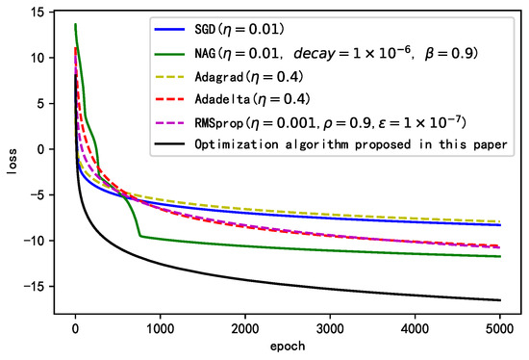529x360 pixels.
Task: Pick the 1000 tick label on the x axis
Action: tap(160, 328)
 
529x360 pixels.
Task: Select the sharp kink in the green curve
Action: tap(140, 236)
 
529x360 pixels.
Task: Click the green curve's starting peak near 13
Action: tap(75, 25)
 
